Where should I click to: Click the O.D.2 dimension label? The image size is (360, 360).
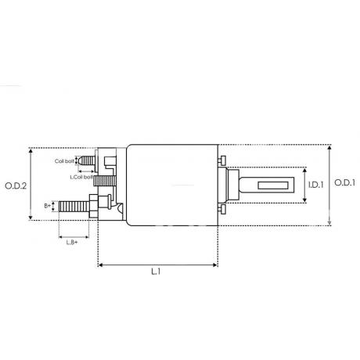click(16, 185)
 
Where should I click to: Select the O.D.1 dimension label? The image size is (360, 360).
click(345, 182)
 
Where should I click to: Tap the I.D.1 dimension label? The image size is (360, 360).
click(316, 185)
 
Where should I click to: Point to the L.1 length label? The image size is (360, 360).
click(156, 272)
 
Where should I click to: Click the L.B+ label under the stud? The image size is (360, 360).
click(72, 243)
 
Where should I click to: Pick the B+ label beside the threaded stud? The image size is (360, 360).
click(47, 206)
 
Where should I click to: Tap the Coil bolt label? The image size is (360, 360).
click(64, 161)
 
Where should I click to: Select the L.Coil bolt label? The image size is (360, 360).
click(81, 177)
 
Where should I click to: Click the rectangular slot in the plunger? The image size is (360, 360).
click(273, 185)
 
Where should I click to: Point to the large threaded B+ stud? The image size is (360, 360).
click(74, 207)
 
